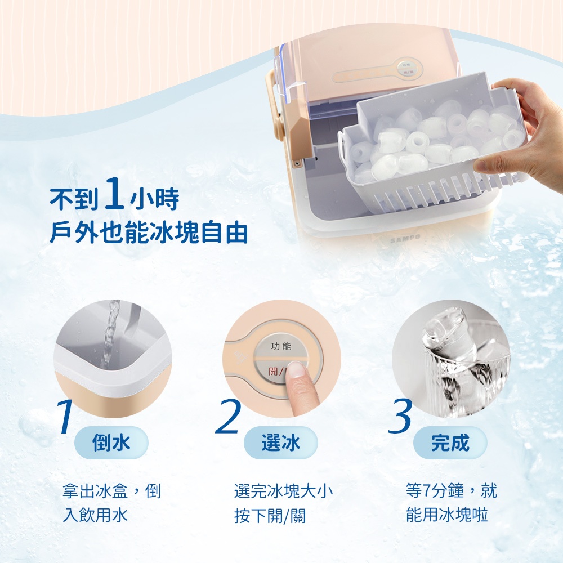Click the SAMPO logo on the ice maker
[405, 238]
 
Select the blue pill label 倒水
[111, 443]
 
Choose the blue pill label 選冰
[281, 443]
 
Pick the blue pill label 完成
[450, 443]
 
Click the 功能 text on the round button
[281, 346]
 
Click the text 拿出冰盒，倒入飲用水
[111, 503]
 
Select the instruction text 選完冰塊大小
[284, 491]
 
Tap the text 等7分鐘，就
[452, 491]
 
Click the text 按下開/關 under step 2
[270, 516]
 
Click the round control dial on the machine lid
[410, 69]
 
